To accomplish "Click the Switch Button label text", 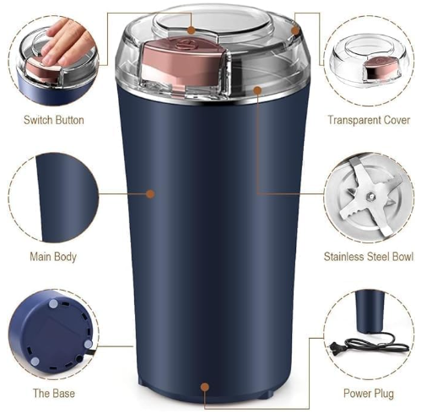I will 53,120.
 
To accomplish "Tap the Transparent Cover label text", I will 369,120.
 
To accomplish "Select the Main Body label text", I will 53,256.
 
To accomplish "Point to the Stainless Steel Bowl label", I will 369,256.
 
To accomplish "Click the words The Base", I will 53,393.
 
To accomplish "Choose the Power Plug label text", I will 368,393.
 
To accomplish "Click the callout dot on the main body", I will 150,193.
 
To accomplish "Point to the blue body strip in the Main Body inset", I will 53,195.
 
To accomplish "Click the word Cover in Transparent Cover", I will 394,120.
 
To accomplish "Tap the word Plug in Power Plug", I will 382,393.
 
